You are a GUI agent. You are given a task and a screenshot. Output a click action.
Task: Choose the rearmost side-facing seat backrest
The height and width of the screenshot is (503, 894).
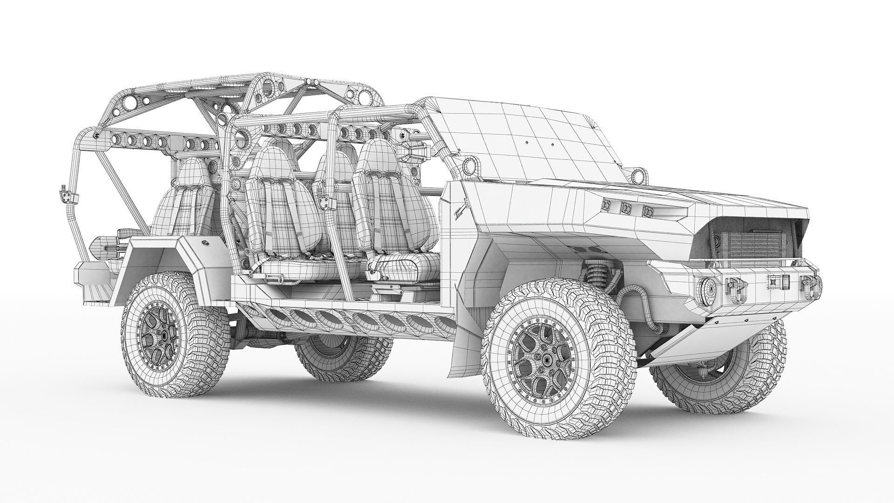pyautogui.click(x=184, y=196)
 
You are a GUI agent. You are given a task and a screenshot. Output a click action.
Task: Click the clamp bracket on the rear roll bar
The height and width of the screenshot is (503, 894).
pyautogui.click(x=66, y=196)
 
